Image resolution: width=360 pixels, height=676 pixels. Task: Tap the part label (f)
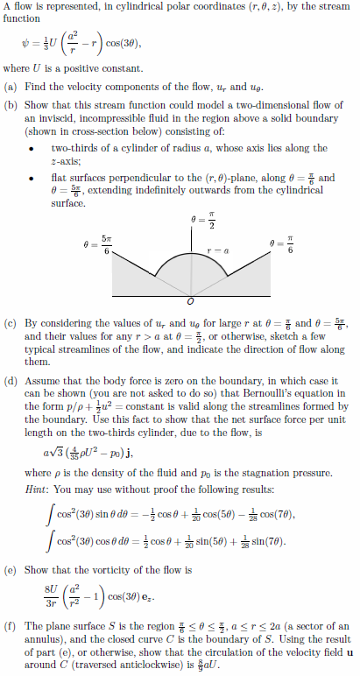(11, 626)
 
